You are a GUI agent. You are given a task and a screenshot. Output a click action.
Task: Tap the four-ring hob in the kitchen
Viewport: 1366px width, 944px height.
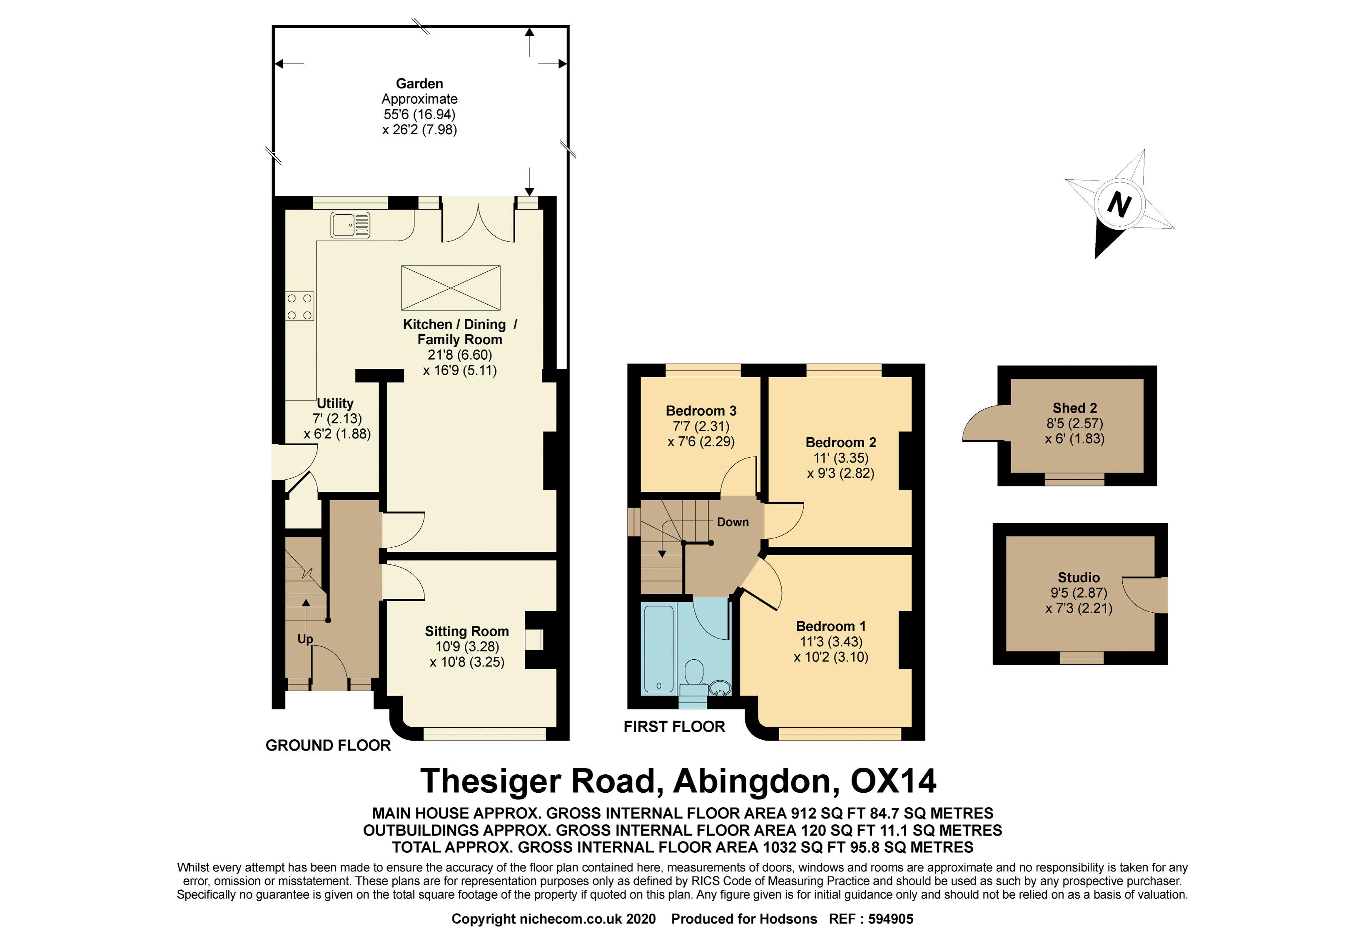pos(300,306)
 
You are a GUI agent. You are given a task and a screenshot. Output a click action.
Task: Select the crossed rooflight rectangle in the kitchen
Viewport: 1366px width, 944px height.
pos(451,288)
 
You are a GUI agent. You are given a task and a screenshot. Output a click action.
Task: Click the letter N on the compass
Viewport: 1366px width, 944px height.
pos(1118,205)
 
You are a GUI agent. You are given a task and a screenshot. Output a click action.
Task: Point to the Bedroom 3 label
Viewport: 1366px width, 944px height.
pos(701,411)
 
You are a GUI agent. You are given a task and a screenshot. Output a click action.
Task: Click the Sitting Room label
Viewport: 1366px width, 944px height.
pos(466,631)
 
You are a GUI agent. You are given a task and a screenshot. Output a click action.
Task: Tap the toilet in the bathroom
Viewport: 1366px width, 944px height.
pos(693,675)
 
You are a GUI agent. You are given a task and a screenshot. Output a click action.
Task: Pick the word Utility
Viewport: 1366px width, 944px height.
pos(335,403)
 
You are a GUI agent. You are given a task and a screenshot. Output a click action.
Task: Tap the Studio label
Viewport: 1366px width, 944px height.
pos(1079,577)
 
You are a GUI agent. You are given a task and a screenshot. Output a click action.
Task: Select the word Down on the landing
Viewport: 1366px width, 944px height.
pos(733,522)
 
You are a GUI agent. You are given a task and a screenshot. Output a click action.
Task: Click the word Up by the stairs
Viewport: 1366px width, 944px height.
pos(305,639)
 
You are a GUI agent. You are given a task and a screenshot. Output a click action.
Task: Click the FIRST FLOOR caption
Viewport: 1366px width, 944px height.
pos(674,726)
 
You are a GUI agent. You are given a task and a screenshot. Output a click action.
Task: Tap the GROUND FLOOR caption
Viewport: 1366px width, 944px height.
pos(328,745)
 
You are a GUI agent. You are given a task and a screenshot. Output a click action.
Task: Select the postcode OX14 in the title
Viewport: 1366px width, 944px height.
pos(893,781)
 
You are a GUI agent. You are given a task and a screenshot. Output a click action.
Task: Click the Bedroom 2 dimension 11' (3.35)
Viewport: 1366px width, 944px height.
pos(840,458)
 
